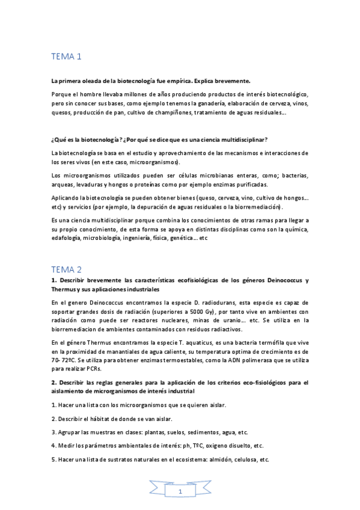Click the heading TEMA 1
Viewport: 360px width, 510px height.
(66, 58)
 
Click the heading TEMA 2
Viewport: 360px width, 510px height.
(67, 269)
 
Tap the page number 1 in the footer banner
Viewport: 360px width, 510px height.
(180, 492)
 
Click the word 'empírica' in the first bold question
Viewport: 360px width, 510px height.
(184, 80)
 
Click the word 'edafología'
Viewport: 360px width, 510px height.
(70, 238)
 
